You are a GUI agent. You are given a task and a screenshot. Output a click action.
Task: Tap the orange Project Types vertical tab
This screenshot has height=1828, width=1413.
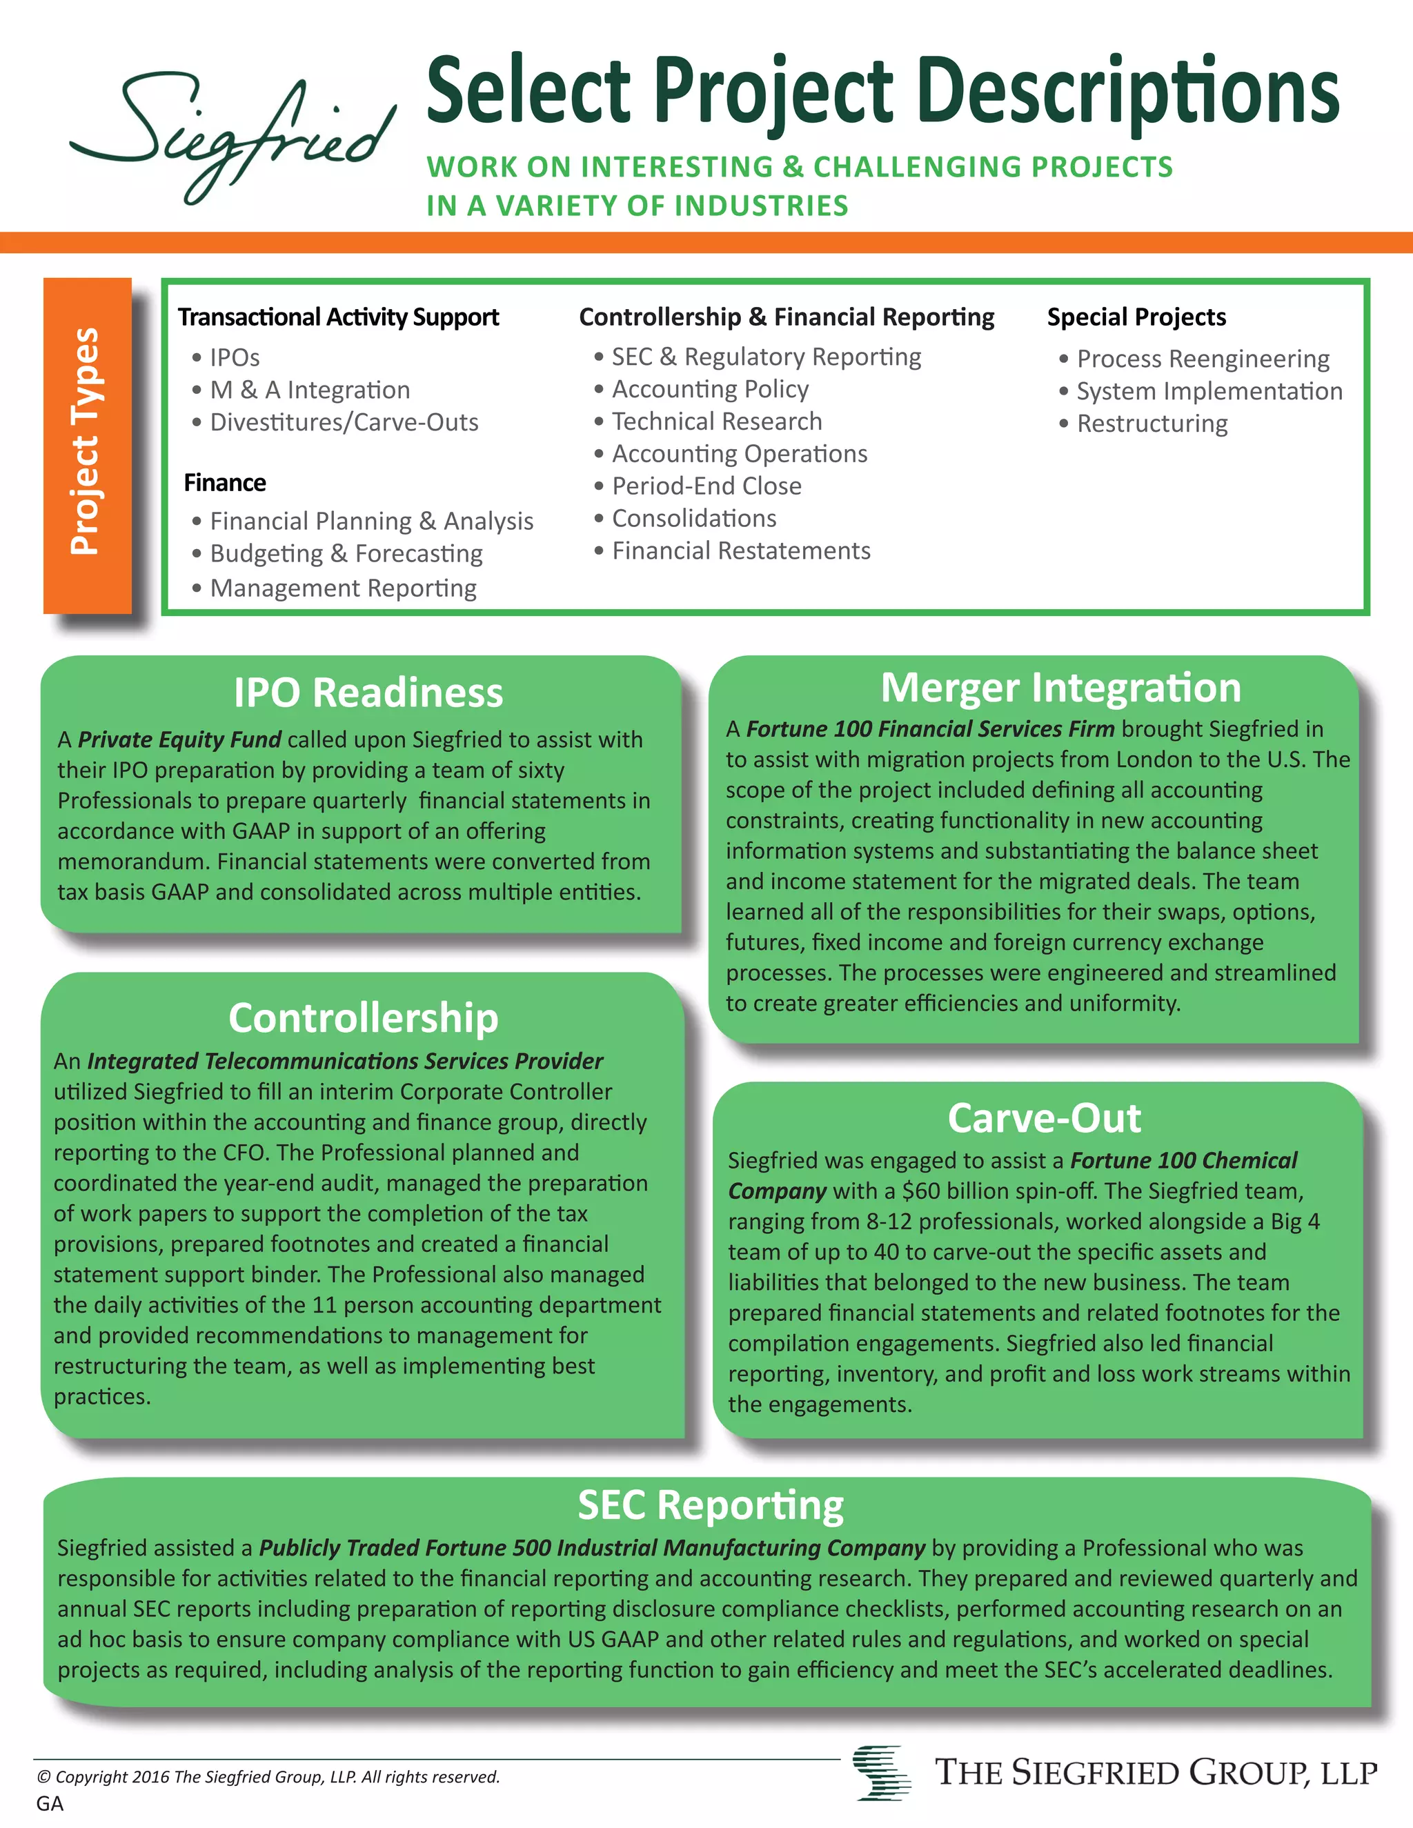[x=87, y=444]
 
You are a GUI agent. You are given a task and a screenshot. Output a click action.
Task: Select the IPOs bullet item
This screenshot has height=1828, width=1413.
[x=235, y=357]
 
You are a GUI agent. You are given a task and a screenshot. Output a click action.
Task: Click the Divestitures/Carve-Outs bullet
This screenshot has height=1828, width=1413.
[x=343, y=422]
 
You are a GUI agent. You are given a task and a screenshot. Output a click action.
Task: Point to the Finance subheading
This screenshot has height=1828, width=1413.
[x=224, y=483]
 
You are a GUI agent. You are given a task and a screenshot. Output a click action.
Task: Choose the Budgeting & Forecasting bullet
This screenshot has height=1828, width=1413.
[x=346, y=553]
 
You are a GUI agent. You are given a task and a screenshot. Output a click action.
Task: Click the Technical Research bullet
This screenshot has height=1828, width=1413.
[x=717, y=421]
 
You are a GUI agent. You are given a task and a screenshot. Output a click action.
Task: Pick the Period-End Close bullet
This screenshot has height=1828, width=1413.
[x=706, y=486]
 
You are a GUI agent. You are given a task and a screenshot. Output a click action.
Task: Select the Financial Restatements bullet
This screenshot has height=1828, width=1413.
[x=741, y=550]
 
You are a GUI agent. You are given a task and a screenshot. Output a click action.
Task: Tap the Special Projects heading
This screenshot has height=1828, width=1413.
[x=1136, y=317]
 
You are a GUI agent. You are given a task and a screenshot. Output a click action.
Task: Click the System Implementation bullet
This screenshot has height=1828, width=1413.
[x=1209, y=391]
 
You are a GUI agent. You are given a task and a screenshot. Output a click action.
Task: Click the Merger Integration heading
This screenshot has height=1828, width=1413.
[x=1060, y=688]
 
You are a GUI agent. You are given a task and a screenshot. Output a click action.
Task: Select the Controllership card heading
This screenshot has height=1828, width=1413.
[x=364, y=1017]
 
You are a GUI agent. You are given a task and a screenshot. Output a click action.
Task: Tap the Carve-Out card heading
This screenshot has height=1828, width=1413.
[x=1044, y=1118]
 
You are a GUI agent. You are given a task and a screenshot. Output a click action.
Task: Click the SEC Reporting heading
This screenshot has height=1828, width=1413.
[x=711, y=1505]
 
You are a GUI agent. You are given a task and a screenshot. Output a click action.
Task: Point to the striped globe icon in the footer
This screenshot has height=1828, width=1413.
[x=882, y=1772]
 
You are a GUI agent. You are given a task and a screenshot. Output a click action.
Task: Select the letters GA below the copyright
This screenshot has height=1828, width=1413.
[x=50, y=1803]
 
